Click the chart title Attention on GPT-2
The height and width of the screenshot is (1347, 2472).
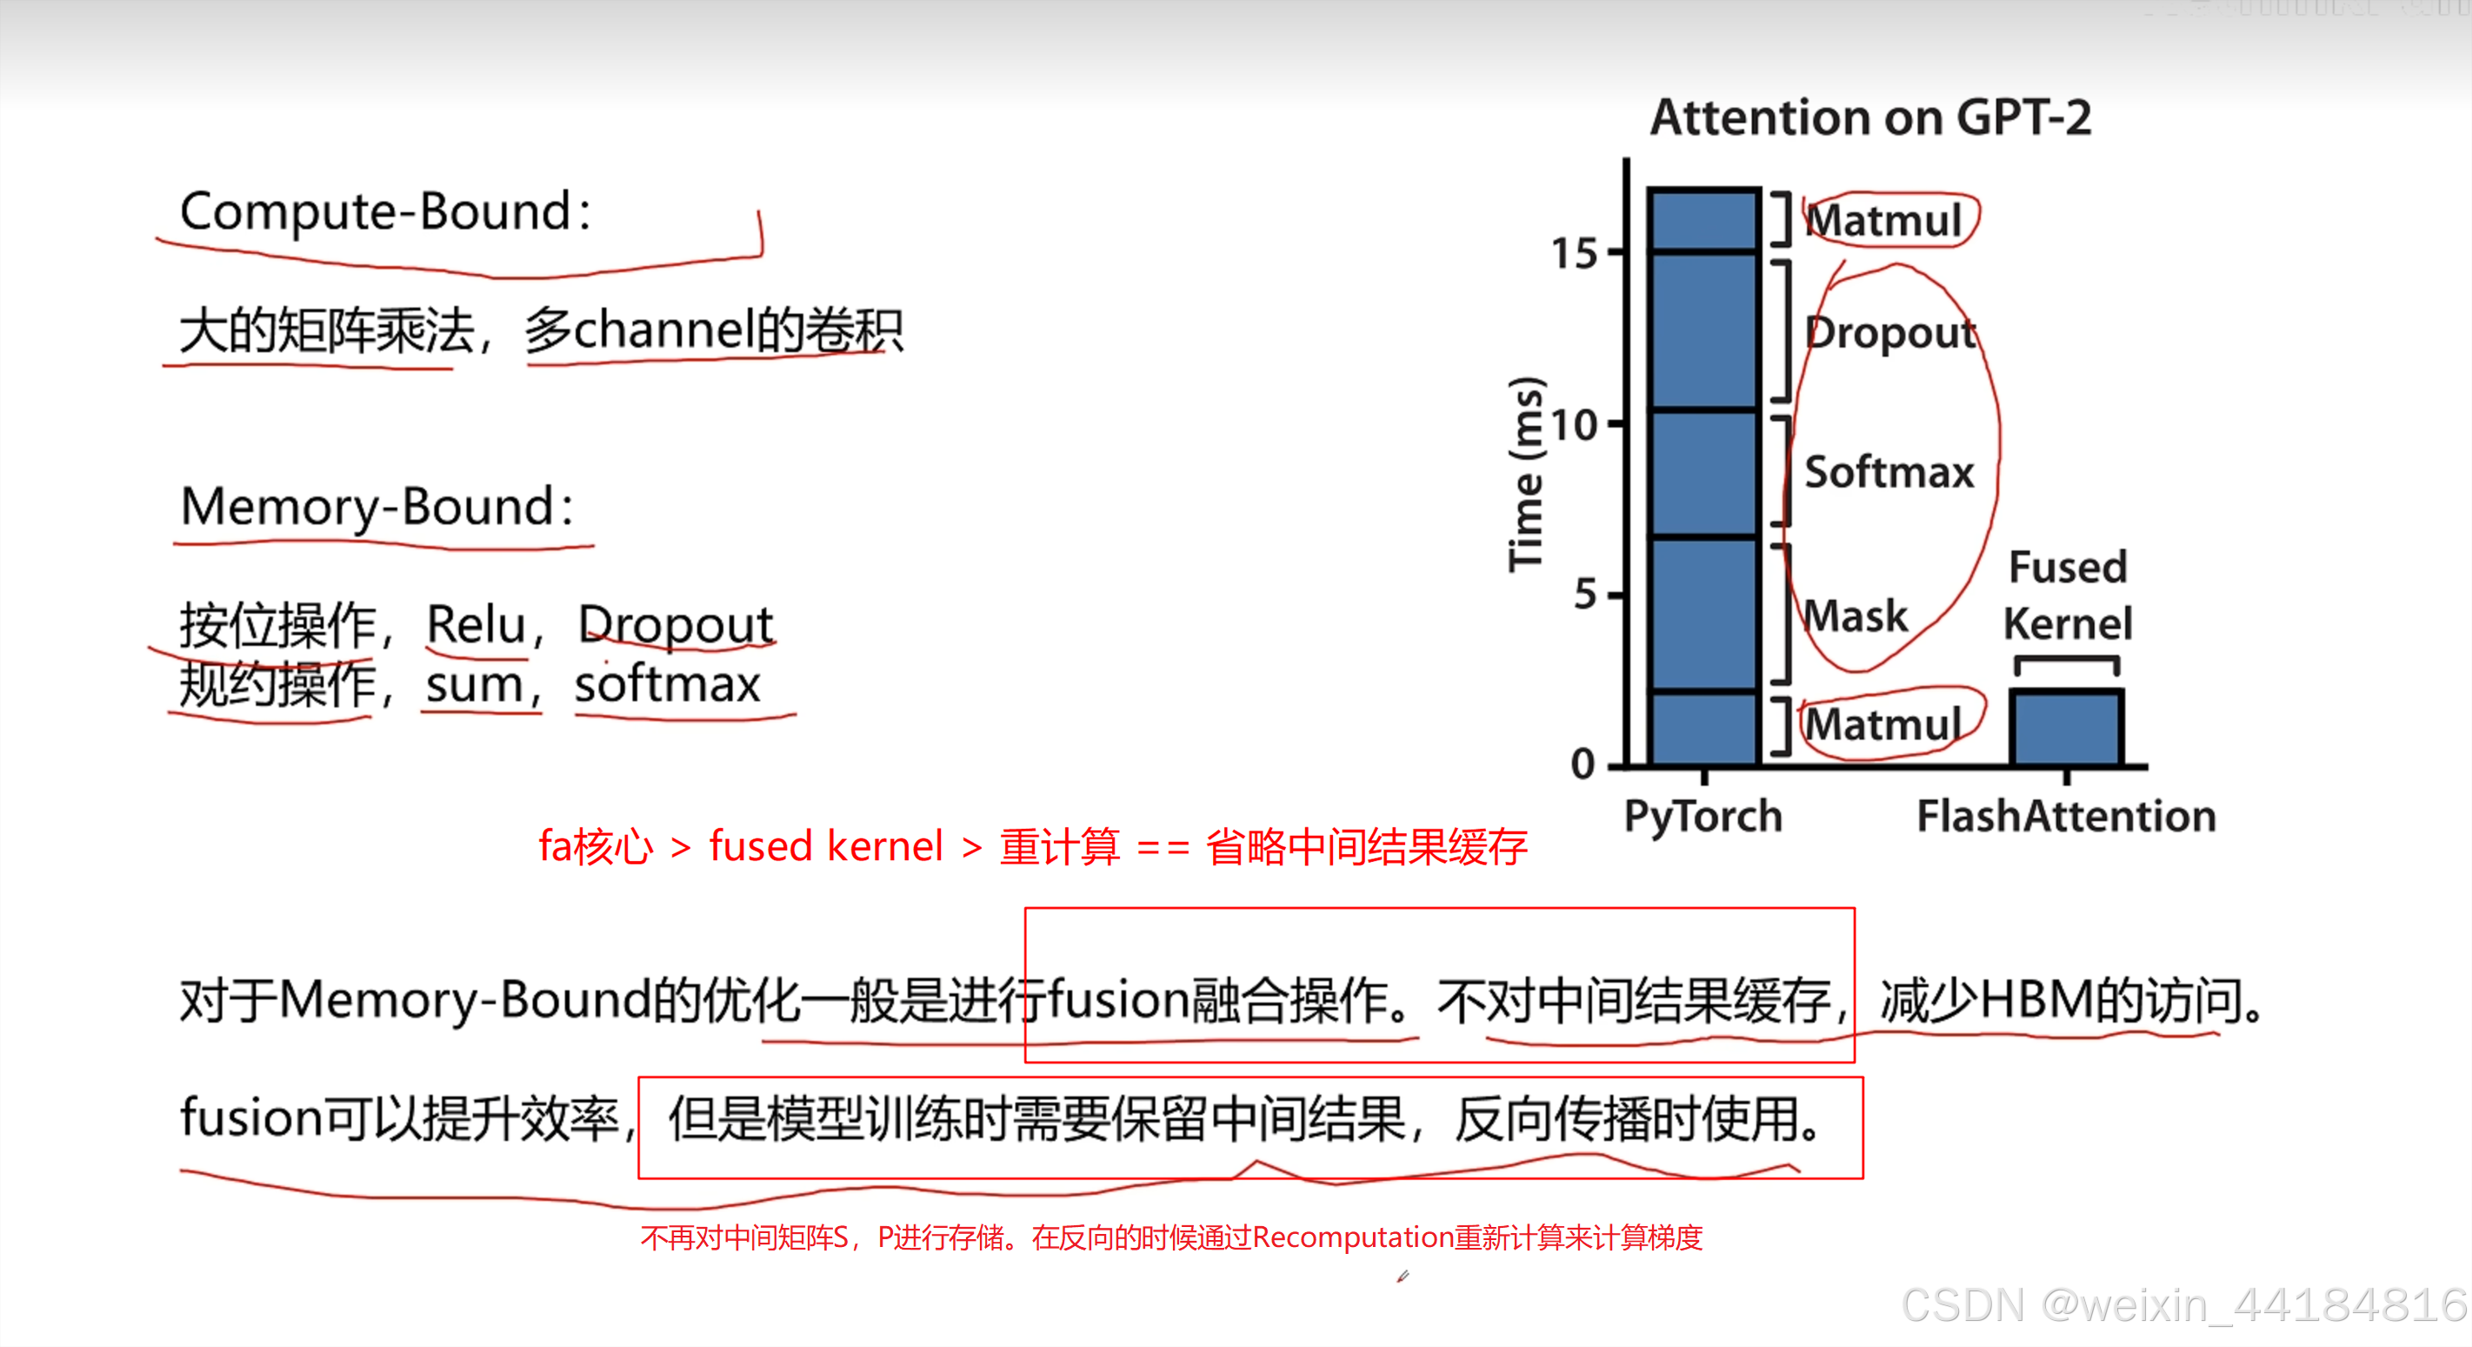(x=1869, y=118)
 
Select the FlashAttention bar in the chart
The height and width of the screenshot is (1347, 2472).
(x=2066, y=727)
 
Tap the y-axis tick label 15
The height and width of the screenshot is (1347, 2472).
(x=1575, y=254)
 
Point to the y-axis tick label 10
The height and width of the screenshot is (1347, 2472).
(x=1575, y=425)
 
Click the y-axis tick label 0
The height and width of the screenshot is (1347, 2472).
(x=1583, y=764)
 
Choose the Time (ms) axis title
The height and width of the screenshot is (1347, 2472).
(x=1525, y=474)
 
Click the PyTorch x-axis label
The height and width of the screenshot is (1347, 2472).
(x=1702, y=817)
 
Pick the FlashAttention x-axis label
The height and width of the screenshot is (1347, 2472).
(x=2066, y=817)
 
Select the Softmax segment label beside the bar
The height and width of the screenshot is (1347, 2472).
(x=1889, y=473)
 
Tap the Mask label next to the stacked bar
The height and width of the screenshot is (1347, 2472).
(x=1856, y=616)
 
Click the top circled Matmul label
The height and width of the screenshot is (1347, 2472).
(x=1885, y=221)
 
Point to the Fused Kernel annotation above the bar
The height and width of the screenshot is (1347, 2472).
(x=2067, y=595)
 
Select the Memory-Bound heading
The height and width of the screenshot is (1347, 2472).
(x=377, y=508)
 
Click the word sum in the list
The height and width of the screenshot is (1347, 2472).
(x=474, y=685)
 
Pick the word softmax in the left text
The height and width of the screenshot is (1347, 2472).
(x=667, y=685)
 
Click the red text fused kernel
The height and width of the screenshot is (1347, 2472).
(x=825, y=846)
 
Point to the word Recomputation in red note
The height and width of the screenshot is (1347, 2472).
(x=1352, y=1237)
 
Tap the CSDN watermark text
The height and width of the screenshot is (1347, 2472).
(x=2183, y=1304)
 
